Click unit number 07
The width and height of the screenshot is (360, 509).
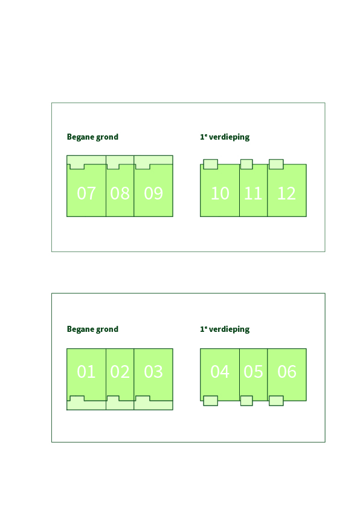86,193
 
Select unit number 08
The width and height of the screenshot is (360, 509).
120,193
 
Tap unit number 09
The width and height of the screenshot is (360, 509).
153,193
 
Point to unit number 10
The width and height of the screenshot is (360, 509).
220,193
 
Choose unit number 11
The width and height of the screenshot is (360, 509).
253,193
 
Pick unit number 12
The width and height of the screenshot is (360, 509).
287,193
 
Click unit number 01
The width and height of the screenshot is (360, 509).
86,371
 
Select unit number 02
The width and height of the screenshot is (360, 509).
120,371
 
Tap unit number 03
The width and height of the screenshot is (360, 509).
153,371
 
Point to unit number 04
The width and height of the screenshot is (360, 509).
220,371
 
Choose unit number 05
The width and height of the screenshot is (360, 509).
253,371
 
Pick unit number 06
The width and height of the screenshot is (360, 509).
287,371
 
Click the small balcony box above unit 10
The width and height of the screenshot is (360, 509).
210,164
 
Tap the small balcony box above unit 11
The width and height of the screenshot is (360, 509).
246,164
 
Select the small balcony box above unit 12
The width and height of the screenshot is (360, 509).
276,164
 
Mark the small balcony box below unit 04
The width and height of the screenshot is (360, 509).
210,401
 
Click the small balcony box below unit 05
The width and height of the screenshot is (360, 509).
246,401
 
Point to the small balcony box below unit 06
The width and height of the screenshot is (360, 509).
276,401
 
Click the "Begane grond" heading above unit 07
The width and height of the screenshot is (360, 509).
92,137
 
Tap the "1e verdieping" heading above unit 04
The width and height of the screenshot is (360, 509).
225,329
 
